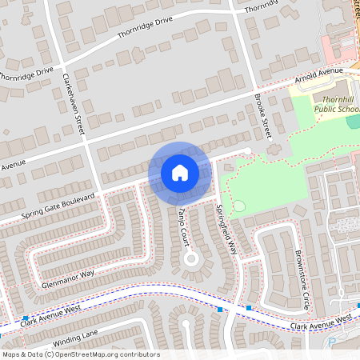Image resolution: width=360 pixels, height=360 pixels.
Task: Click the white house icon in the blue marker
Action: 179,173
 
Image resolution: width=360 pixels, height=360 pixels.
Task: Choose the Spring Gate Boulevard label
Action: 59,206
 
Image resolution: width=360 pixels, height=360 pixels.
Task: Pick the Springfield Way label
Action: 226,227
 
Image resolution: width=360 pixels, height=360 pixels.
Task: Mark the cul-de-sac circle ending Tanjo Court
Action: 190,258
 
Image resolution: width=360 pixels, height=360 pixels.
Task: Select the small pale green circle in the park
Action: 238,206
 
